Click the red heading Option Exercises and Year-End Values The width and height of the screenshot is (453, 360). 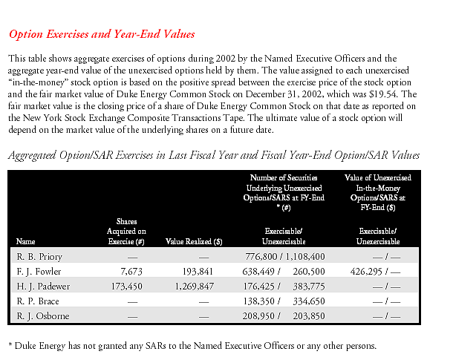coord(101,34)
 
